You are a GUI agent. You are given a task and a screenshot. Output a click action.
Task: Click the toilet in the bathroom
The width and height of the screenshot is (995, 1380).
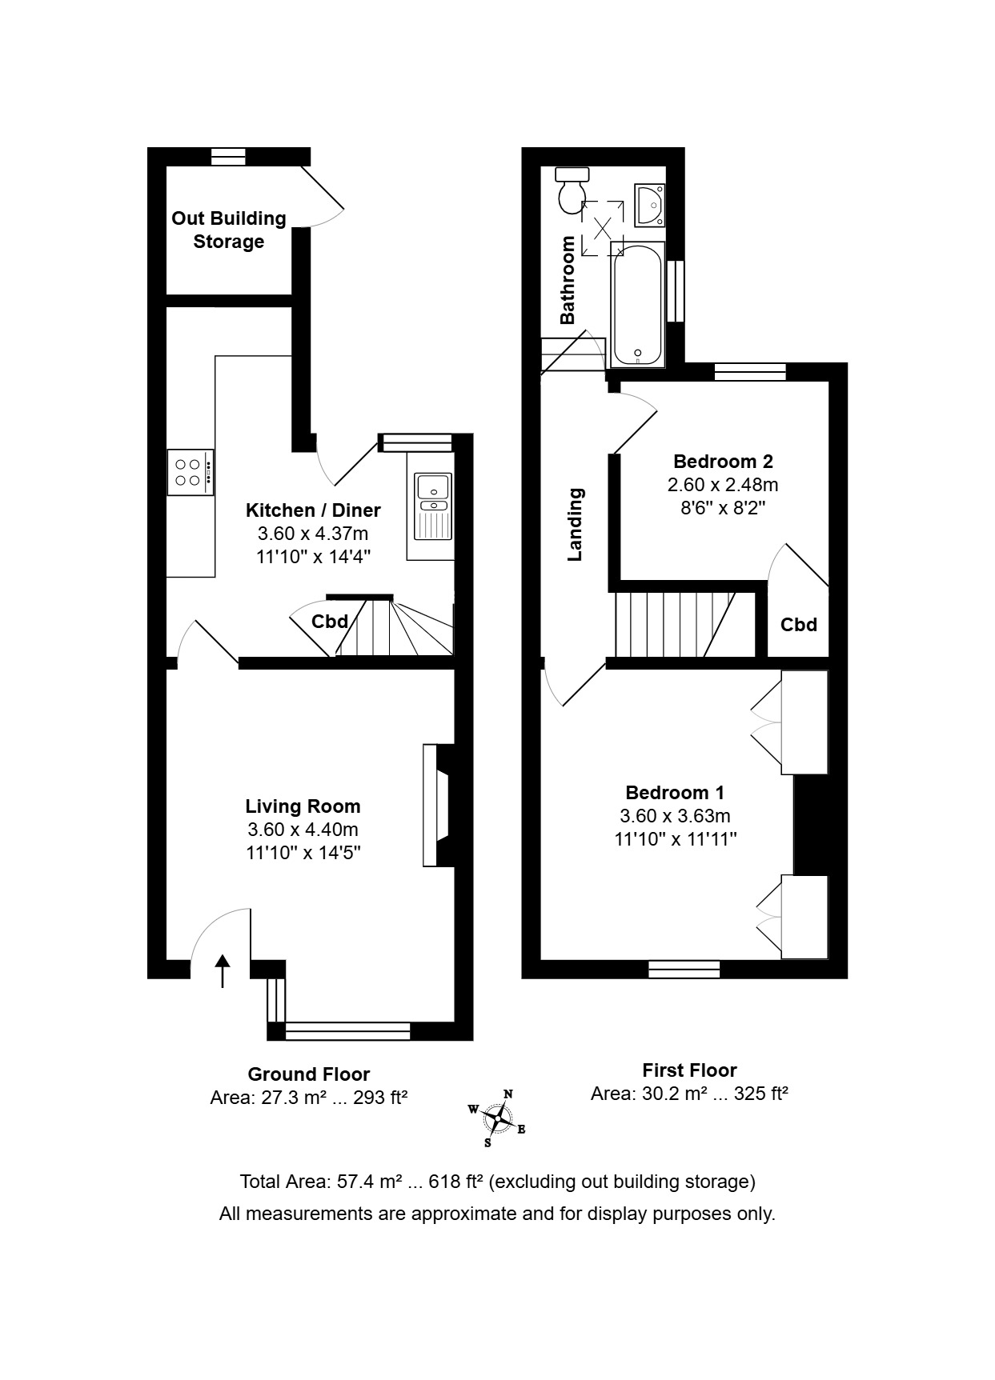click(x=572, y=190)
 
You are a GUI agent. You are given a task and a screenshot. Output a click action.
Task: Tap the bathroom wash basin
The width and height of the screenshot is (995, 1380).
click(x=649, y=204)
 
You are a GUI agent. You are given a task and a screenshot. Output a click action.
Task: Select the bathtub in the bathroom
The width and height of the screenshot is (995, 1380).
click(x=637, y=305)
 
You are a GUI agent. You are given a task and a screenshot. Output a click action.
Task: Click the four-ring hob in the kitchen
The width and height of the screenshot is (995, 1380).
click(x=191, y=472)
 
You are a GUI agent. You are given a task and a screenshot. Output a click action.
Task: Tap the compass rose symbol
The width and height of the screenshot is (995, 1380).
click(x=497, y=1118)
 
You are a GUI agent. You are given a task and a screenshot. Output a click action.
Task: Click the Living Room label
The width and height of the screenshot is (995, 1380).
click(x=303, y=806)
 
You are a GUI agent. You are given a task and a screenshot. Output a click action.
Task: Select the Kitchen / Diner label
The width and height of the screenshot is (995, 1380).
click(x=313, y=510)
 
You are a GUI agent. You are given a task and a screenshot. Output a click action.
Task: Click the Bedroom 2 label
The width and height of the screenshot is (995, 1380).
click(x=723, y=462)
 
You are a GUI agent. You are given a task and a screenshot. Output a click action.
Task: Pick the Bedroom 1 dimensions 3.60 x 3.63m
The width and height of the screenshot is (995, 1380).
click(x=675, y=816)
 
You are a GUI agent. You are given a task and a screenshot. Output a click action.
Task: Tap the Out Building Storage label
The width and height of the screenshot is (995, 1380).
click(x=229, y=230)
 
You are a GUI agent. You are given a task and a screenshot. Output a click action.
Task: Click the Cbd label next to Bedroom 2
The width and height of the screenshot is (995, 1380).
click(x=799, y=625)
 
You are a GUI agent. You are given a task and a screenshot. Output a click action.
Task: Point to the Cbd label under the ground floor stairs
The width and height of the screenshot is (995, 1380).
click(x=330, y=622)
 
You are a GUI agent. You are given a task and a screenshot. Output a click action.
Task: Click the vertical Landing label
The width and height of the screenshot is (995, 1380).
click(x=575, y=525)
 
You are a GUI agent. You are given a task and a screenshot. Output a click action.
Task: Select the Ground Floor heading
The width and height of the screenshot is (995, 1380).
click(x=309, y=1074)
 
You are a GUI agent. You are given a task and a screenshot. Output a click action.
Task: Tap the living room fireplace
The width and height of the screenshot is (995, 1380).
click(x=437, y=806)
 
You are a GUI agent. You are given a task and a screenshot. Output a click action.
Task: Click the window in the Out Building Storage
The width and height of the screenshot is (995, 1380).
click(x=228, y=157)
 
